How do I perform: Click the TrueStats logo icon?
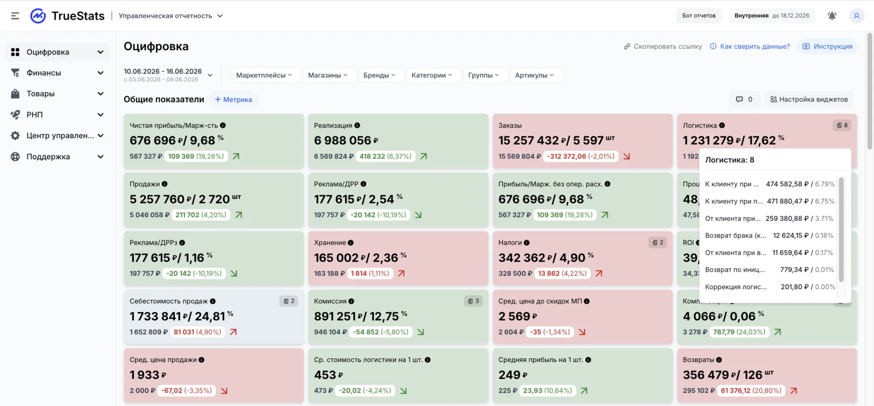38,16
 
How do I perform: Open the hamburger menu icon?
15,16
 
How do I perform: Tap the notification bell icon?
832,16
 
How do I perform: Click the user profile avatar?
856,16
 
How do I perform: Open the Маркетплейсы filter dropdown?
264,75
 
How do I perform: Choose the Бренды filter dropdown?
379,75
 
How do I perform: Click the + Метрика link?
233,99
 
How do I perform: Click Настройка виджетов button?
809,99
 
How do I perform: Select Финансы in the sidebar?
44,73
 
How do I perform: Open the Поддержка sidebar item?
48,157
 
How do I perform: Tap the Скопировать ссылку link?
663,46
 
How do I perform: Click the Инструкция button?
827,46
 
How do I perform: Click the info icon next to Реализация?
357,125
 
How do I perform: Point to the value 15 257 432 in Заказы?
529,140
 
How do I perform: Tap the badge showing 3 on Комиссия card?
473,301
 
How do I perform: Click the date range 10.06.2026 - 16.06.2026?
163,71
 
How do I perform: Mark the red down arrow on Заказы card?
626,156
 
